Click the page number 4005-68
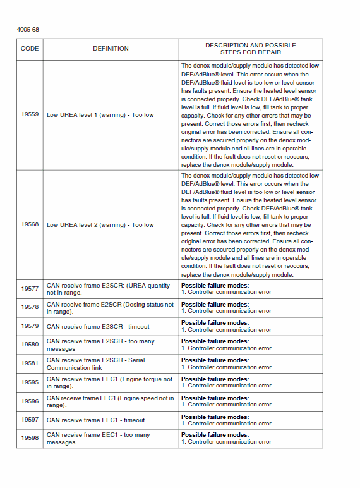tap(28, 30)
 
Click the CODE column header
tap(30, 49)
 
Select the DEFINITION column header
tap(111, 49)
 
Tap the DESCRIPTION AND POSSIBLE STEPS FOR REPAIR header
tap(250, 49)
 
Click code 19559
tap(30, 115)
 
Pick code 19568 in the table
tap(30, 224)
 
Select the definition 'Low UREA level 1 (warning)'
tap(100, 115)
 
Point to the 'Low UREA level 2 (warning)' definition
tap(100, 224)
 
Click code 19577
tap(30, 289)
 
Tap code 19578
tap(30, 307)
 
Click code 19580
tap(30, 345)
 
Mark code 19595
tap(30, 382)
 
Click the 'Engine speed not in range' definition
tap(110, 401)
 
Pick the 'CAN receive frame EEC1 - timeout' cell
tap(95, 420)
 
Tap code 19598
tap(30, 438)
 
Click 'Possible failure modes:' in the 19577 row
tap(215, 286)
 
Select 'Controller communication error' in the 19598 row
tap(230, 442)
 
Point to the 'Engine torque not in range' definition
tap(109, 382)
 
